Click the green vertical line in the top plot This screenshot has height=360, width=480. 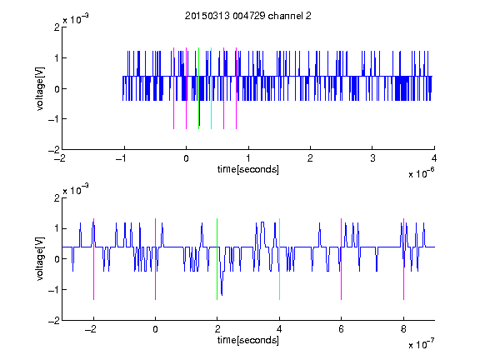pyautogui.click(x=198, y=88)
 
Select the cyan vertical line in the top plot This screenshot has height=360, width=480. pyautogui.click(x=211, y=88)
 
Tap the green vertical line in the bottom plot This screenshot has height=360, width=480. pyautogui.click(x=217, y=259)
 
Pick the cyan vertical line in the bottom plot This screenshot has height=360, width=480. pyautogui.click(x=279, y=259)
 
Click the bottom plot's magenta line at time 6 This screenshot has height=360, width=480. pyautogui.click(x=342, y=259)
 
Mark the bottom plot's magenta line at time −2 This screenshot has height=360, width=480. pyautogui.click(x=93, y=259)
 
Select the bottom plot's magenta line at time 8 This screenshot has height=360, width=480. pyautogui.click(x=404, y=259)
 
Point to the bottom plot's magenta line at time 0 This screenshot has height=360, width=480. pyautogui.click(x=156, y=259)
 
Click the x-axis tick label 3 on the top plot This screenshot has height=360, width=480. pyautogui.click(x=372, y=158)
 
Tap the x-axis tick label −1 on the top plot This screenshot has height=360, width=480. pyautogui.click(x=121, y=158)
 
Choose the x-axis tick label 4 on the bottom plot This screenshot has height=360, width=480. pyautogui.click(x=279, y=329)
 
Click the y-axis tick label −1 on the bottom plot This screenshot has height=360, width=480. pyautogui.click(x=54, y=290)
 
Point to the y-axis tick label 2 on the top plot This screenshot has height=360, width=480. pyautogui.click(x=57, y=27)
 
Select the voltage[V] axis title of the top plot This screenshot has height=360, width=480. pyautogui.click(x=40, y=89)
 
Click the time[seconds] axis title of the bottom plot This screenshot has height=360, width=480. pyautogui.click(x=248, y=340)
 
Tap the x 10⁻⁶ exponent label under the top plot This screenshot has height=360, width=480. pyautogui.click(x=421, y=172)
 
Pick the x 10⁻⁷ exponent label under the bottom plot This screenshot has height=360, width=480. pyautogui.click(x=421, y=343)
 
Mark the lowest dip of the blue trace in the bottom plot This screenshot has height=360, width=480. pyautogui.click(x=222, y=295)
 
